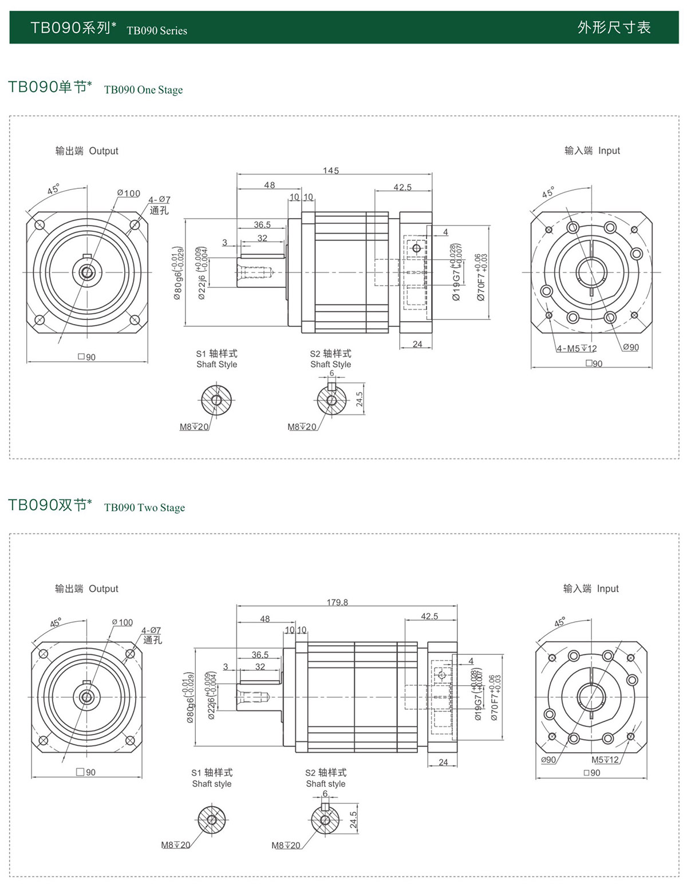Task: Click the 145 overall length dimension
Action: tap(330, 171)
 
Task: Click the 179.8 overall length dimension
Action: tap(337, 602)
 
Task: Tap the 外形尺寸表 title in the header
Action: tap(614, 27)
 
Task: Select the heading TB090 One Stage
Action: tap(143, 90)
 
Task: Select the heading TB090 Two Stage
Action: tap(144, 508)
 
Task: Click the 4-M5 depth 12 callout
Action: tap(577, 349)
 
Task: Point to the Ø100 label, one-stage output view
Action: tap(128, 193)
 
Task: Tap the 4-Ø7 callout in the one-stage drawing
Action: tap(159, 200)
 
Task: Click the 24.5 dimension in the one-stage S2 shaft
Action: tap(360, 399)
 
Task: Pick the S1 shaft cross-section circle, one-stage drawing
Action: tap(216, 400)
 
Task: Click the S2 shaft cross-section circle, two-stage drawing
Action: tap(325, 820)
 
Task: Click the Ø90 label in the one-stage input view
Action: tap(630, 347)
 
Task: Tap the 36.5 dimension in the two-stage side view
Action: tap(260, 655)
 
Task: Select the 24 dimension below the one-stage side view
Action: tap(417, 344)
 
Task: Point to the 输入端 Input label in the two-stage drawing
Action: tap(591, 588)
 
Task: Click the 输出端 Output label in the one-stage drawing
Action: tap(86, 151)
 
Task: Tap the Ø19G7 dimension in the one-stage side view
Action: tap(456, 281)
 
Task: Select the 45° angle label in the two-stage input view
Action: tap(560, 622)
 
